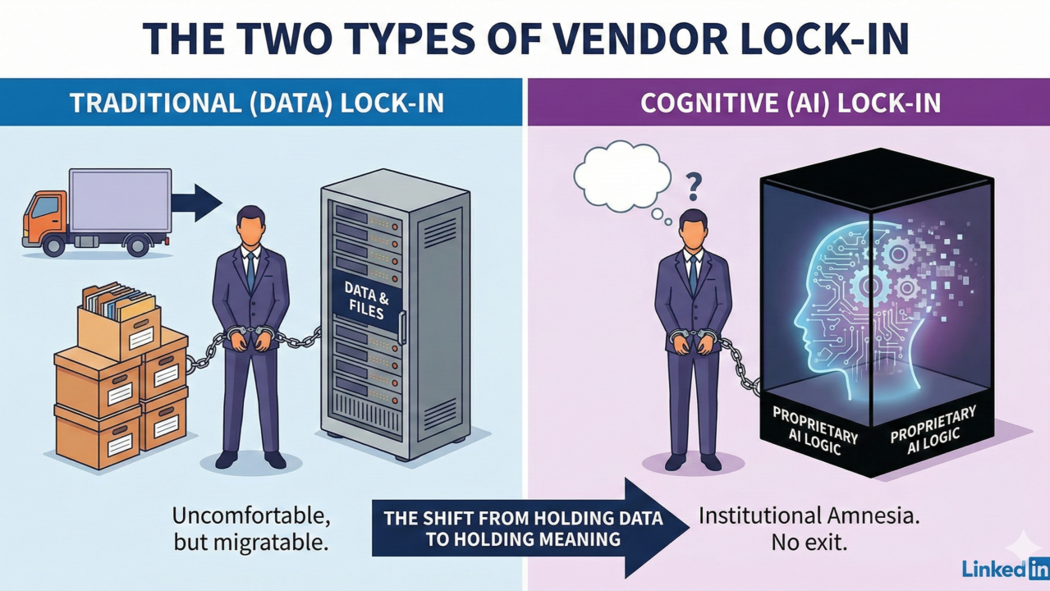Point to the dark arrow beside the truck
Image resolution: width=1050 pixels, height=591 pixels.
click(x=196, y=203)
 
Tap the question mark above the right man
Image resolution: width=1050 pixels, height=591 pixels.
click(x=694, y=186)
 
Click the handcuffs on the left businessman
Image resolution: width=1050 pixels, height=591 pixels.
click(x=249, y=332)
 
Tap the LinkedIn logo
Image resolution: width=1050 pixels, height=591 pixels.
click(x=1006, y=569)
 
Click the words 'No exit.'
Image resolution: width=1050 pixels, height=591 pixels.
click(x=809, y=543)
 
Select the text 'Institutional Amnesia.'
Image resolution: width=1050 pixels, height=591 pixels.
click(x=809, y=516)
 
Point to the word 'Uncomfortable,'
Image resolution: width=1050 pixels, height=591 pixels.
click(x=251, y=516)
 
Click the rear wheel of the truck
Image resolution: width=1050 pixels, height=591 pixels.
click(x=137, y=245)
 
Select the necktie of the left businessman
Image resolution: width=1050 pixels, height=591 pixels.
click(x=250, y=272)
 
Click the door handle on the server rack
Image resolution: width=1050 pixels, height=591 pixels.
click(x=401, y=328)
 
